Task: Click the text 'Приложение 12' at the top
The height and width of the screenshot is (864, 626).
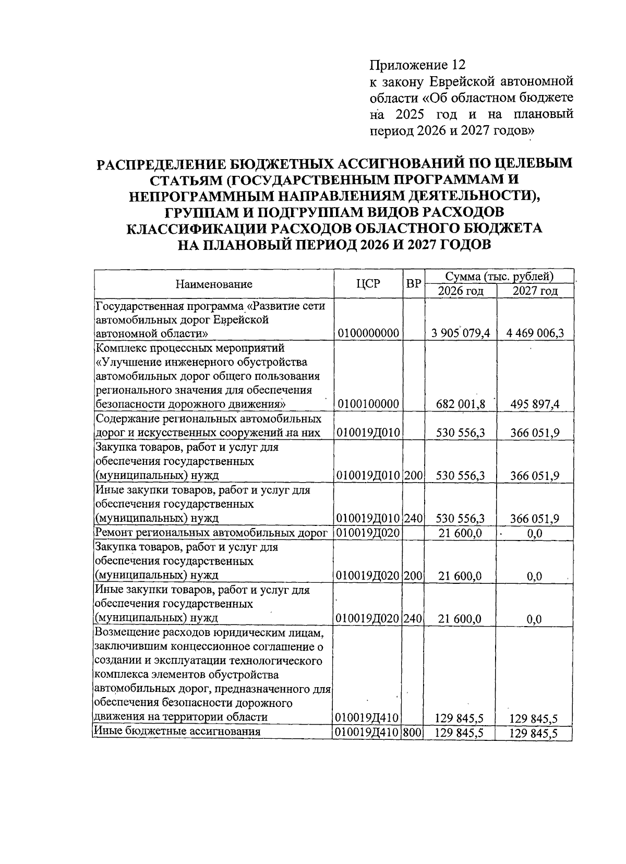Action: pyautogui.click(x=416, y=65)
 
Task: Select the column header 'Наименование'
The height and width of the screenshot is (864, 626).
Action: pyautogui.click(x=214, y=284)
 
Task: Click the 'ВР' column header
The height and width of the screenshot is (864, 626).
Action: pyautogui.click(x=414, y=284)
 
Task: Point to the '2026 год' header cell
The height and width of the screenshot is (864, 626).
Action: pyautogui.click(x=461, y=291)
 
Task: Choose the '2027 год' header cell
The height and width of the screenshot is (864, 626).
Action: pyautogui.click(x=535, y=291)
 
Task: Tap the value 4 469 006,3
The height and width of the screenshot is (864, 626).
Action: pyautogui.click(x=535, y=333)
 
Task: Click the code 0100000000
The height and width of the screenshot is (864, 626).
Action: pyautogui.click(x=368, y=333)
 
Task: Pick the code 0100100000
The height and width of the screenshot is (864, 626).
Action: pyautogui.click(x=368, y=404)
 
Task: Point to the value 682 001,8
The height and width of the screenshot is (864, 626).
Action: pyautogui.click(x=462, y=404)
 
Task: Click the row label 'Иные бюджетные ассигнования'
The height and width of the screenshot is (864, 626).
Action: pyautogui.click(x=177, y=731)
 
